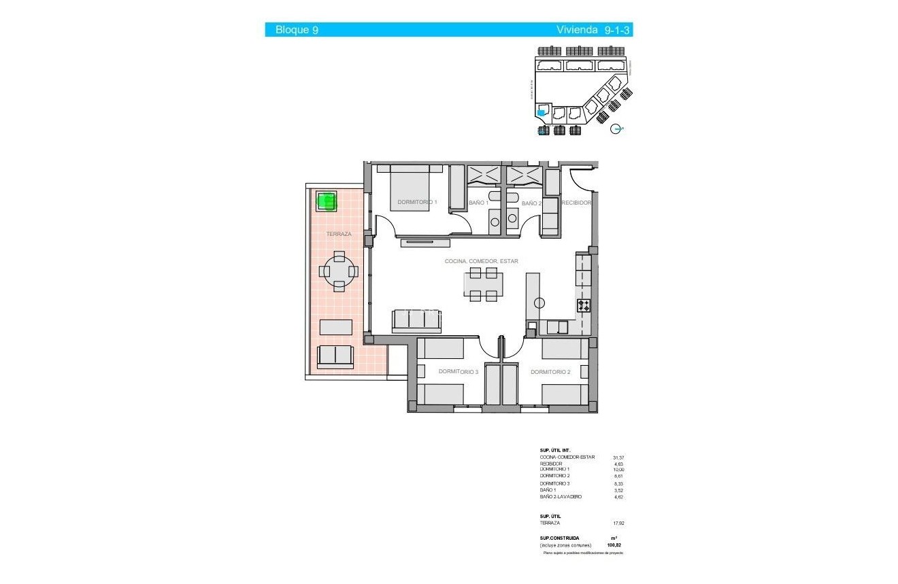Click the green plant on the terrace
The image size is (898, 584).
pos(327,201)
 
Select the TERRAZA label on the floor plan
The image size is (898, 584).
pos(338,234)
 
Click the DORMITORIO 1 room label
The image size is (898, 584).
pos(417,202)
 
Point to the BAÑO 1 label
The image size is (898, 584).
pos(478,203)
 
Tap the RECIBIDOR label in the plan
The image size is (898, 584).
pos(576,203)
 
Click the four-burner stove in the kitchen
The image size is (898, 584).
pos(584,306)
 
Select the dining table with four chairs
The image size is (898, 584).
pos(483,284)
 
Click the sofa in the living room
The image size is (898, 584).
pos(416,322)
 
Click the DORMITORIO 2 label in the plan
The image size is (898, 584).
pos(550,372)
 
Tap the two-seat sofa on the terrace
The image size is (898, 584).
pos(335,356)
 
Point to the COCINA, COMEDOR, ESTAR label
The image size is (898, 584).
pos(481,261)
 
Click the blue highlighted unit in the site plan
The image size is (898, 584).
pos(542,113)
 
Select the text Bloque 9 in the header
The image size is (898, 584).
pos(297,30)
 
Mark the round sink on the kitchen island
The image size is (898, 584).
pos(539,303)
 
